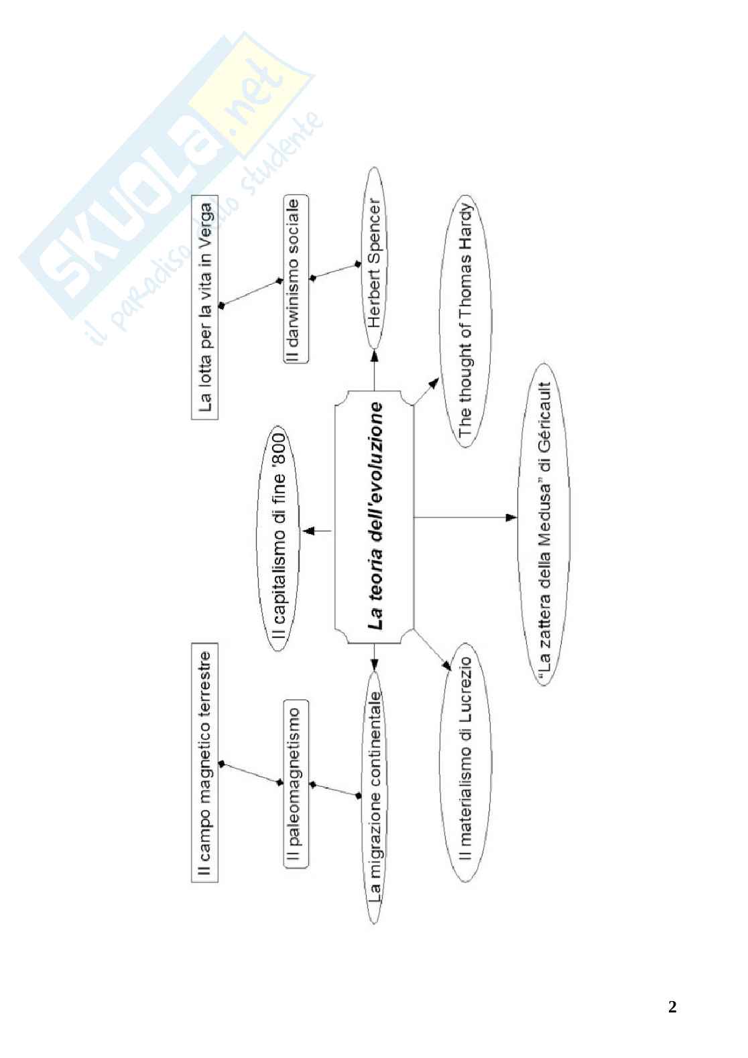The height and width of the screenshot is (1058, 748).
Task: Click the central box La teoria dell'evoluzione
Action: [374, 517]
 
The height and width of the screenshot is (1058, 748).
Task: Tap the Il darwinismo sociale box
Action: [296, 279]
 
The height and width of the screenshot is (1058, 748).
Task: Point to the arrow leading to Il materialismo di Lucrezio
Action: [432, 649]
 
